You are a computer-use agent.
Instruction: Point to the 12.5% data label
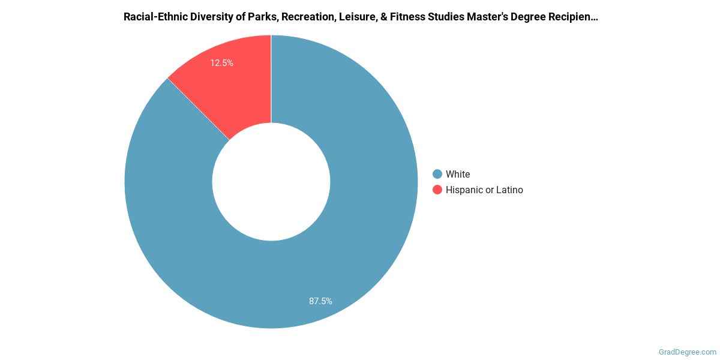click(221, 62)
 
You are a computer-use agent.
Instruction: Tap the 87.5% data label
click(320, 301)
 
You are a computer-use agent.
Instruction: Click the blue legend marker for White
click(437, 174)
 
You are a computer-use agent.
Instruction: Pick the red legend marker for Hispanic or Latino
click(437, 190)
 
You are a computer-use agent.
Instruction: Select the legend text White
click(458, 174)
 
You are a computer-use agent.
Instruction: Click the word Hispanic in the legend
click(465, 190)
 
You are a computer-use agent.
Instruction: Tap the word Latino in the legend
click(509, 190)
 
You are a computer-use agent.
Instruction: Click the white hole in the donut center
click(271, 182)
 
